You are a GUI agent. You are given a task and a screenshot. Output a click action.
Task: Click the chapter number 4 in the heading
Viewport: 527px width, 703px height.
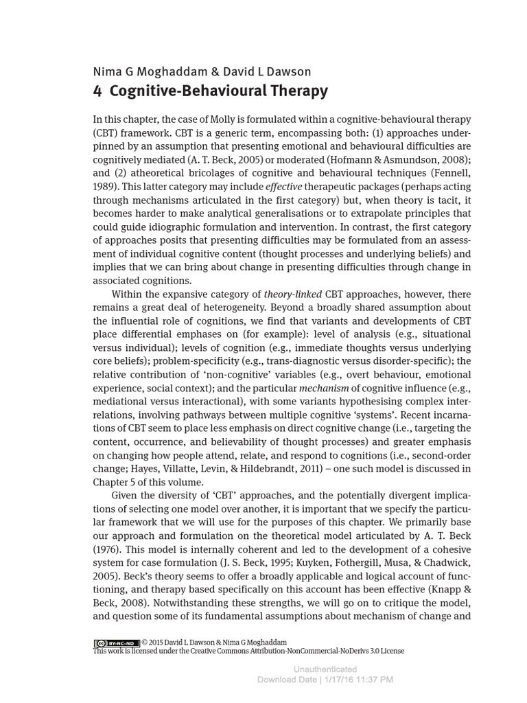[x=97, y=91]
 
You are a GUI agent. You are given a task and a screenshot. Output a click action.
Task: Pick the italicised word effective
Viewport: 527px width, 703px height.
[x=283, y=186]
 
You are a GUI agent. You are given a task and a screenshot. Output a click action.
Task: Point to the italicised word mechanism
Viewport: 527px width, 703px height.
[x=324, y=388]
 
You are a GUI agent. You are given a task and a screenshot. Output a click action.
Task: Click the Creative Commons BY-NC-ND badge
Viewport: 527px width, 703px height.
[x=116, y=643]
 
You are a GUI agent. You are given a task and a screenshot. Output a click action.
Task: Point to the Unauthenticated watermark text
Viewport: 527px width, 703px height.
[x=325, y=669]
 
